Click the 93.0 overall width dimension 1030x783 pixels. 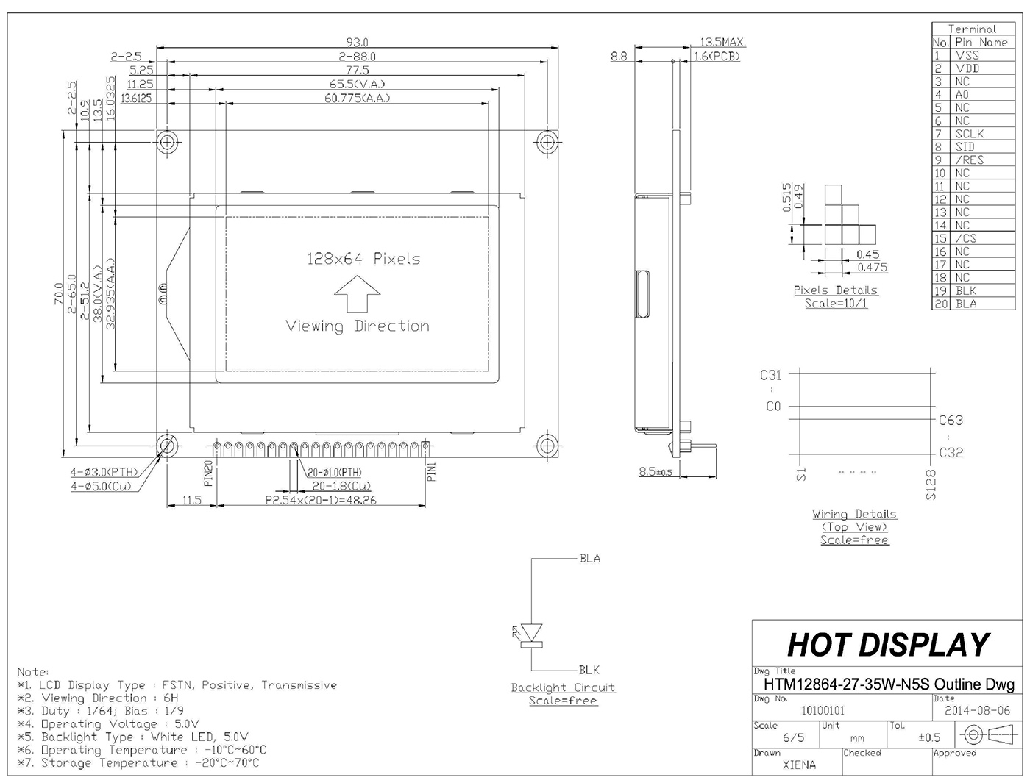click(357, 42)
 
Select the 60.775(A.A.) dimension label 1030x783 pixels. click(357, 98)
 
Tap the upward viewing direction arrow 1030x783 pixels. click(357, 294)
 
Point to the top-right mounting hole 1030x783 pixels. click(547, 142)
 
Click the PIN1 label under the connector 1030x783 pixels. click(432, 472)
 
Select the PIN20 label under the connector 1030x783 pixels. click(209, 473)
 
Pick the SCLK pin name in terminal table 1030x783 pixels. click(970, 134)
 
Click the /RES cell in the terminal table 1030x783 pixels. click(970, 160)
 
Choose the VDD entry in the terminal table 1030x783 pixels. click(967, 68)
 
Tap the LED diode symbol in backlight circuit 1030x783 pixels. click(532, 635)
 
